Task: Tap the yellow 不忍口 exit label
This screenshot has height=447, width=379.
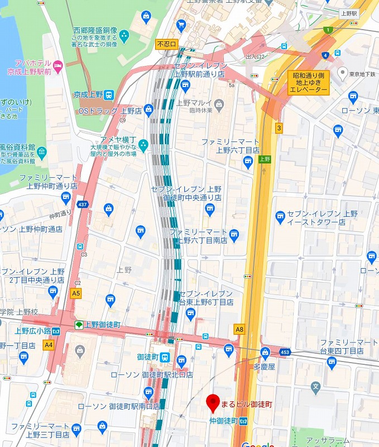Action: [166, 44]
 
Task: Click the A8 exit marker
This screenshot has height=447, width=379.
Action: [239, 330]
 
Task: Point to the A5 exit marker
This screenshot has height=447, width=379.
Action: [76, 292]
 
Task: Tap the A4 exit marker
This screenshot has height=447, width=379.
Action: [49, 345]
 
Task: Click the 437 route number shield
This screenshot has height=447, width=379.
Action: [83, 205]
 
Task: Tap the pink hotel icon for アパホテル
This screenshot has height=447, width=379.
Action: [60, 66]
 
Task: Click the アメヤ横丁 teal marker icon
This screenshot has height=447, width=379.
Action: [143, 145]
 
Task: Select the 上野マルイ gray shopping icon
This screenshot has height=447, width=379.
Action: [219, 103]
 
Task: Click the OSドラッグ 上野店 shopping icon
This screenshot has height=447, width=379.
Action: [148, 110]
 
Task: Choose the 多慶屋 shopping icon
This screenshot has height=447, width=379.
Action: [265, 352]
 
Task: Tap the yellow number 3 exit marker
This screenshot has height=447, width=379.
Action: [279, 128]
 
